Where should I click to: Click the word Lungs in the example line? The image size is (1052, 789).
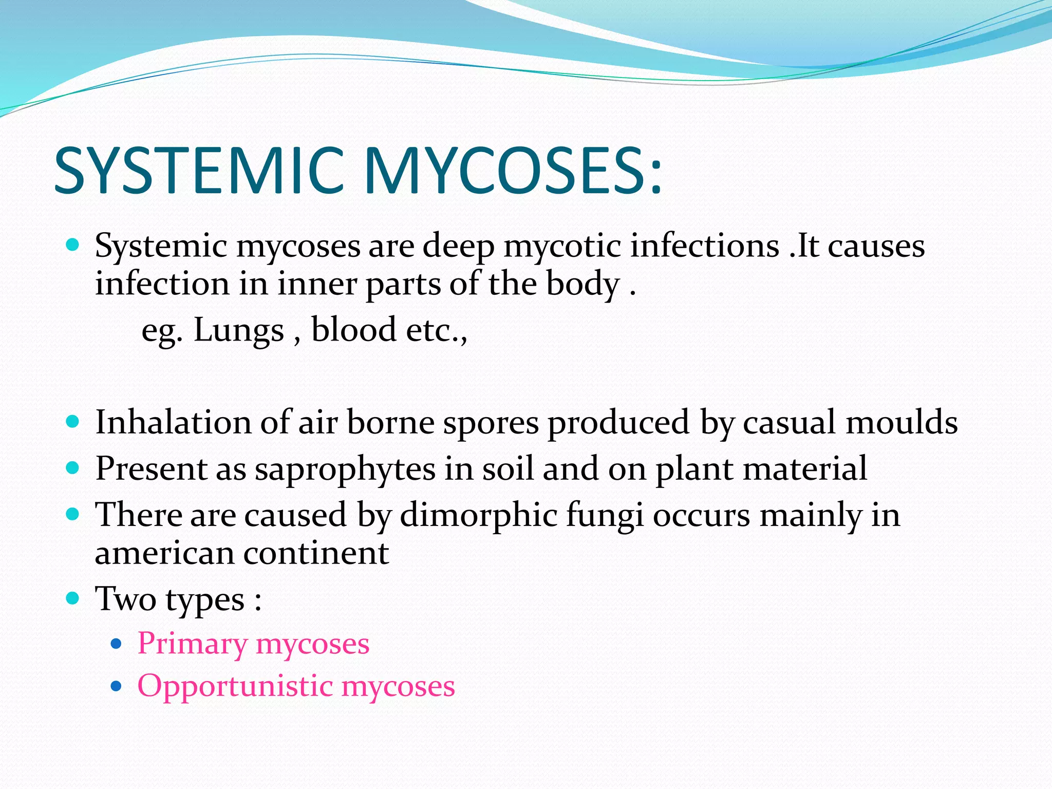tap(238, 330)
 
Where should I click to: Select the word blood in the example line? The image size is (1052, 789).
tap(353, 330)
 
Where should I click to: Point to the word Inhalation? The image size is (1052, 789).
tap(173, 422)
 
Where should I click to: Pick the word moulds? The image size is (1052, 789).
tap(901, 422)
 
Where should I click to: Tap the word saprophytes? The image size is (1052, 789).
tap(345, 469)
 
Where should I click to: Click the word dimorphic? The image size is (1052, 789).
tap(478, 515)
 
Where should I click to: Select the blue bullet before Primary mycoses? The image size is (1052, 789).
tap(117, 643)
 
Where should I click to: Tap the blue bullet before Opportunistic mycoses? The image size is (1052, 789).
tap(117, 686)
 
